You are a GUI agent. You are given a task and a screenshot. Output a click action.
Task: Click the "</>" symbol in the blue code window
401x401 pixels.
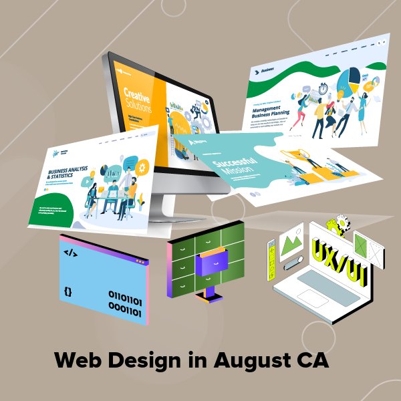[x=70, y=253]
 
